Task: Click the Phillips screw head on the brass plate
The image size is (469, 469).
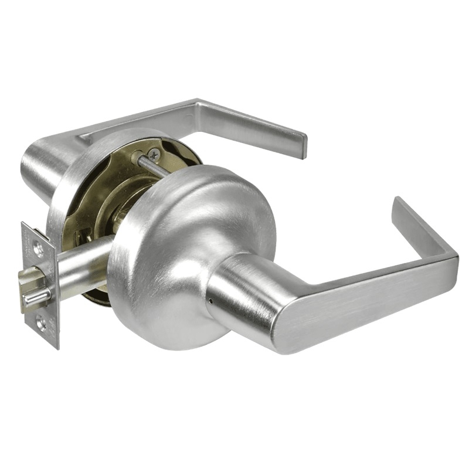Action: tap(154, 154)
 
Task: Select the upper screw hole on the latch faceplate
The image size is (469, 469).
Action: tap(38, 249)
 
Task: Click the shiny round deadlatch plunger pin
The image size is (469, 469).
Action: tap(35, 299)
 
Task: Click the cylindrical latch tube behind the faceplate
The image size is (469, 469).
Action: tap(82, 270)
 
